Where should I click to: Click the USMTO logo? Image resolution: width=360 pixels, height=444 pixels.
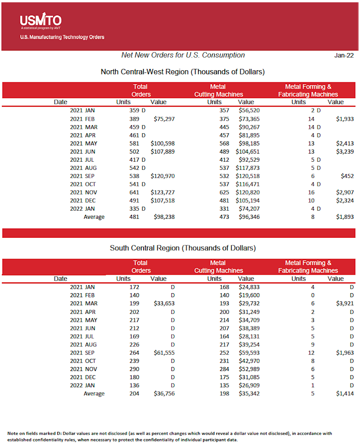(40, 21)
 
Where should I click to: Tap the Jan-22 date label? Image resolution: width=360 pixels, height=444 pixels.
(344, 55)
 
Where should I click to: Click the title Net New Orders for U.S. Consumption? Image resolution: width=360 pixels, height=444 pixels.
(183, 55)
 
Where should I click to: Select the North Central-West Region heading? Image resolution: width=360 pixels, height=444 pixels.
(182, 72)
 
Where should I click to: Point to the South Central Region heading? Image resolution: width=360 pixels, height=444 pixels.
(183, 248)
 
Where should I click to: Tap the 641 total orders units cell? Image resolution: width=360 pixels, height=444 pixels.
(135, 192)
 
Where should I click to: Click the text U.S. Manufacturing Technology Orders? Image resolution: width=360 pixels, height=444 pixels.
(62, 37)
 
